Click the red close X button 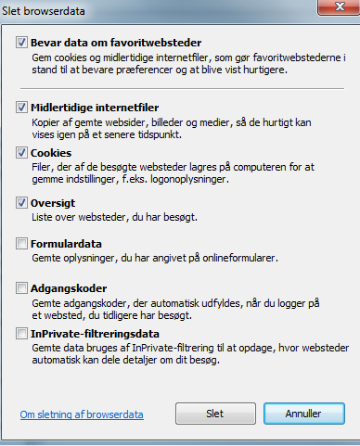coord(336,6)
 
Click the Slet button coord(213,411)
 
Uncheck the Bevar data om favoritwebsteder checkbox coord(22,43)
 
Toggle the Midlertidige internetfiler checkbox coord(22,108)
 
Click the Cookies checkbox coord(22,152)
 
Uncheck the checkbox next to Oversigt coord(22,201)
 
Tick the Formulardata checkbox coord(22,243)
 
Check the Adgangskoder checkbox coord(22,288)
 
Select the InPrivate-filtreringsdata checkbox coord(22,333)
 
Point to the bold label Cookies coord(51,152)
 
